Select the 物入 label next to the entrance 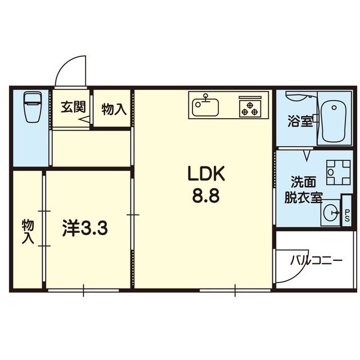tap(113, 109)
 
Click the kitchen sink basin tap(208, 106)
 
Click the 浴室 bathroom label tap(299, 121)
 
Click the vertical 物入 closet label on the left tap(28, 231)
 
